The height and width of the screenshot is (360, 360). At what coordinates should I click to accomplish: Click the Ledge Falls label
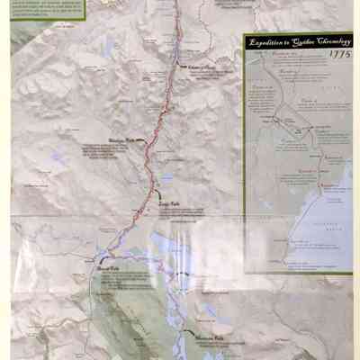169,204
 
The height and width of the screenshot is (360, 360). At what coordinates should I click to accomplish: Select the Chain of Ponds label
202,67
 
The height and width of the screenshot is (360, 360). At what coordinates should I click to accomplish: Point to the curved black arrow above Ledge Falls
157,191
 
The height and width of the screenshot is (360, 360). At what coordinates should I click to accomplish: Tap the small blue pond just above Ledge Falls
166,178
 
